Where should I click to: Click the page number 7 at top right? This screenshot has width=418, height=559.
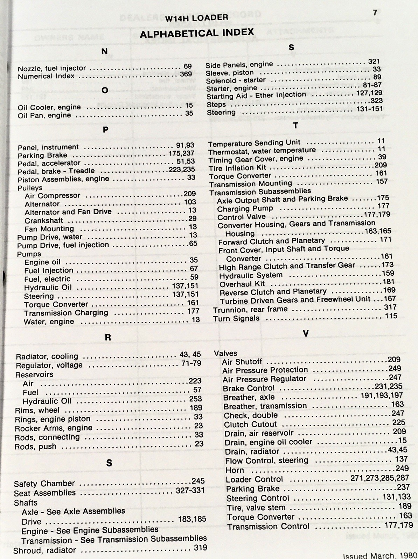point(375,13)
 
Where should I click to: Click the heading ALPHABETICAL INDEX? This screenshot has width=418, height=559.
point(196,33)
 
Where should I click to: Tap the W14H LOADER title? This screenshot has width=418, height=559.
point(196,18)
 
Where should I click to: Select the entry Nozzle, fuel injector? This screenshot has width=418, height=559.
point(52,68)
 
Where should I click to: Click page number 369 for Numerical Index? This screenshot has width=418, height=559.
point(186,74)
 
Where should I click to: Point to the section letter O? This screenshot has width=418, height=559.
point(105,90)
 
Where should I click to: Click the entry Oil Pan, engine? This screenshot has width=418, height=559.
point(44,115)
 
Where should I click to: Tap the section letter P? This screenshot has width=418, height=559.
point(106,130)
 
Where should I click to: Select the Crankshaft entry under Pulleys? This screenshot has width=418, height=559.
point(44,220)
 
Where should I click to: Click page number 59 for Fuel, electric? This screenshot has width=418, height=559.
point(194,278)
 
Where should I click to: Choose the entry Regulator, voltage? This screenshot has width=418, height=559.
point(49,365)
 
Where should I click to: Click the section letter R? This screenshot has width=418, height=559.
point(108,337)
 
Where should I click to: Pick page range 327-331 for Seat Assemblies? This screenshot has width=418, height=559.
point(190,490)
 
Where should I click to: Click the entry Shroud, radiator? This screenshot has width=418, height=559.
point(44,550)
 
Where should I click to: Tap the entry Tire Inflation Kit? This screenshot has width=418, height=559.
point(237,168)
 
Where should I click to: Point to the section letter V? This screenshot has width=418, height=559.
point(306,334)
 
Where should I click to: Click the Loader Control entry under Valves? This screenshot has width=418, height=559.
point(254,479)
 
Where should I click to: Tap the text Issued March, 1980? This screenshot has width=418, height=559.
point(380,555)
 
